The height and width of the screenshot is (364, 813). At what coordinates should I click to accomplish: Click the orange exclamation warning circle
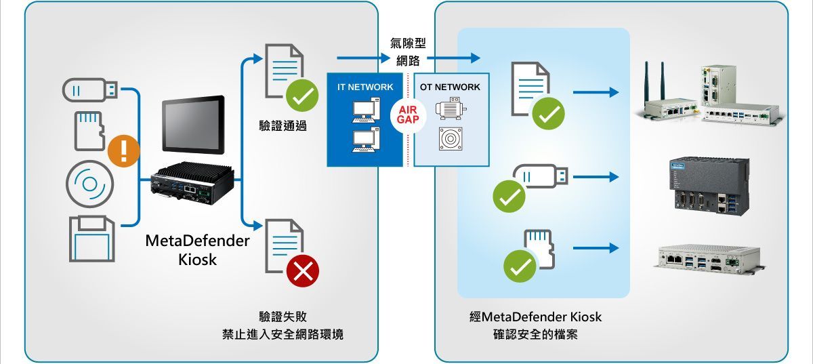pyautogui.click(x=124, y=150)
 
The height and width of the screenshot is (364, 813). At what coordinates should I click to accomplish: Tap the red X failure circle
pyautogui.click(x=303, y=271)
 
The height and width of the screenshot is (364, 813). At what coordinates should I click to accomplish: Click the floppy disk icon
pyautogui.click(x=92, y=239)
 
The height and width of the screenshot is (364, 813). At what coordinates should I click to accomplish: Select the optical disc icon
pyautogui.click(x=89, y=184)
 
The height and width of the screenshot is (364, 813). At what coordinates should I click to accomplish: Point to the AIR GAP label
pyautogui.click(x=408, y=115)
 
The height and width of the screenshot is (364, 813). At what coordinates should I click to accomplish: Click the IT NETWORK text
pyautogui.click(x=365, y=87)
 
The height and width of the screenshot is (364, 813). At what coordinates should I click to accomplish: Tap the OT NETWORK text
pyautogui.click(x=450, y=87)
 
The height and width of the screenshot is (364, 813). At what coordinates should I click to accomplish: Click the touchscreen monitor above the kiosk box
pyautogui.click(x=193, y=125)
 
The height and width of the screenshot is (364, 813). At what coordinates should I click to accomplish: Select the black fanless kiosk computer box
pyautogui.click(x=192, y=183)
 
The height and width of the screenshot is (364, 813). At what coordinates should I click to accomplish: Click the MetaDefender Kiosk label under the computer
pyautogui.click(x=197, y=250)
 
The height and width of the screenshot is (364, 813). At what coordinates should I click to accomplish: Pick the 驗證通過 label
pyautogui.click(x=283, y=125)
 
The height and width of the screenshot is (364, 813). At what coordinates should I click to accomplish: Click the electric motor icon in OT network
pyautogui.click(x=451, y=108)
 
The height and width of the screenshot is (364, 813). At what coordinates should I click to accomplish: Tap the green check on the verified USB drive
pyautogui.click(x=509, y=196)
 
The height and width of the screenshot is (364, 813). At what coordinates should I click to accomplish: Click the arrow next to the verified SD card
pyautogui.click(x=596, y=248)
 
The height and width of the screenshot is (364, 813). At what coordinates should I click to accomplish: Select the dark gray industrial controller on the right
pyautogui.click(x=709, y=186)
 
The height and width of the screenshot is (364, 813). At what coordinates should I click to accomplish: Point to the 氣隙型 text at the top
pyautogui.click(x=408, y=43)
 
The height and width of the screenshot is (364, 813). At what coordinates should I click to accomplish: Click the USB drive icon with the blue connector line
pyautogui.click(x=90, y=89)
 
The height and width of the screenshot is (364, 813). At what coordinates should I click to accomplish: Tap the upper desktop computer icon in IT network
pyautogui.click(x=367, y=110)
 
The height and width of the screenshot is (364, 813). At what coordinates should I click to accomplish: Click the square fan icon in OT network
pyautogui.click(x=451, y=139)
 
